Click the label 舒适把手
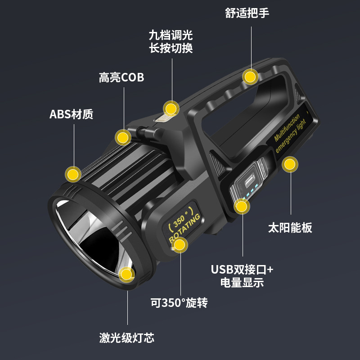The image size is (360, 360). click(x=247, y=13)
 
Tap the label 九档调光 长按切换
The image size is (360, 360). click(x=171, y=42)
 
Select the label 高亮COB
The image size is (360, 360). click(x=121, y=77)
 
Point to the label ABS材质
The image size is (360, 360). click(x=71, y=114)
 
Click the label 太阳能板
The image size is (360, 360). click(x=290, y=228)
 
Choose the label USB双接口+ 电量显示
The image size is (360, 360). click(x=242, y=276)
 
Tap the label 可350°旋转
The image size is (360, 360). click(x=179, y=303)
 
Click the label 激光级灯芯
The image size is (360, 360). click(x=127, y=338)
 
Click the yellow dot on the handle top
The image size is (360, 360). click(x=250, y=77)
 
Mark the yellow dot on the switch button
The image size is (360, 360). click(x=171, y=109)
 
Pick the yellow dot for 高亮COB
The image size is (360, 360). click(x=123, y=137)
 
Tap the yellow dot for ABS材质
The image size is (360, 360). click(x=73, y=174)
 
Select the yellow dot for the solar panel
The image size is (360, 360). click(x=290, y=164)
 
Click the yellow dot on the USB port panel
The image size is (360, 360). click(x=242, y=207)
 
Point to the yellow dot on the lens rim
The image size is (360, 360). click(x=127, y=274)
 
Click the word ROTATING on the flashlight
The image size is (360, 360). click(x=185, y=229)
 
